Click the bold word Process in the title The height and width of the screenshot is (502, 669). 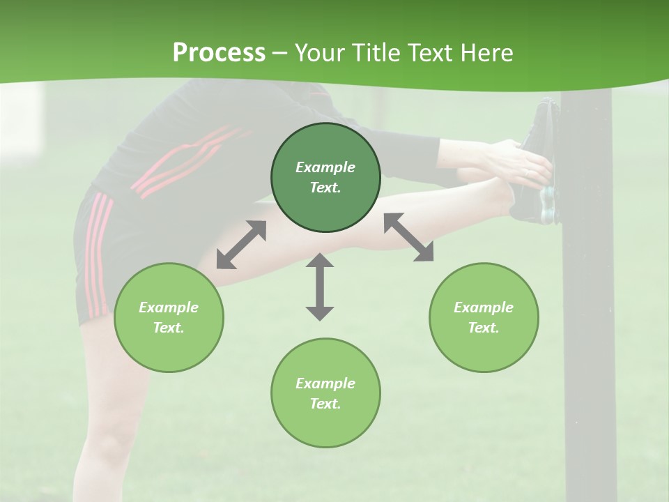pyautogui.click(x=219, y=52)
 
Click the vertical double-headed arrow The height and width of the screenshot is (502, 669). pyautogui.click(x=320, y=287)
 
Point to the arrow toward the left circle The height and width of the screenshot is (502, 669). pyautogui.click(x=241, y=245)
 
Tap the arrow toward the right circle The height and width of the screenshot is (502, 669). pyautogui.click(x=408, y=238)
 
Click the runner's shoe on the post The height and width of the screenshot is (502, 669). pyautogui.click(x=540, y=164)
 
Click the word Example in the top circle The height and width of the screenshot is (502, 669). pyautogui.click(x=325, y=167)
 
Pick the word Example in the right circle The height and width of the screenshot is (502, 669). pyautogui.click(x=484, y=307)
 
